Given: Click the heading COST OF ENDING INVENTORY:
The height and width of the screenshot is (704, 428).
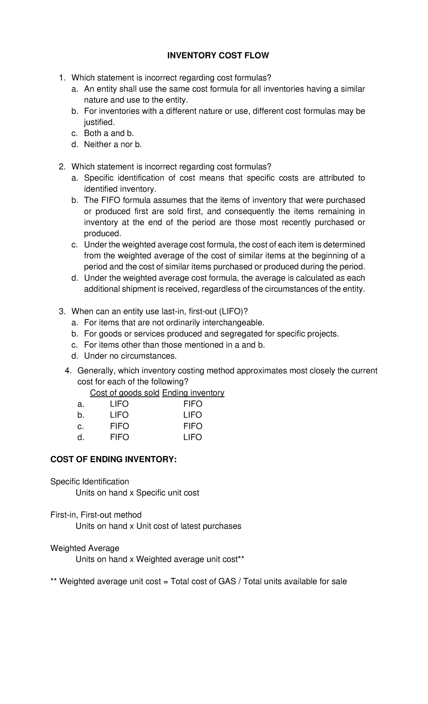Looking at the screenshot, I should click(113, 460).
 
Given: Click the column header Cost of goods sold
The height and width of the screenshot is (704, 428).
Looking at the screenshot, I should click(124, 393).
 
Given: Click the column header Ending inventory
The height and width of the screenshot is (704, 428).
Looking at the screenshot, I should click(193, 393).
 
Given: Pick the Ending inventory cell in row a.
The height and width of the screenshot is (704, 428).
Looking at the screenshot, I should click(193, 404).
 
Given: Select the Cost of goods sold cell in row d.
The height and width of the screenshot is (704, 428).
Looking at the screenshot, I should click(119, 437).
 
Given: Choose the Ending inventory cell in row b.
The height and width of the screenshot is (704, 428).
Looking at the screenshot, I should click(193, 415).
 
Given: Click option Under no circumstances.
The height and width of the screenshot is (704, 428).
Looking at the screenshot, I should click(130, 356).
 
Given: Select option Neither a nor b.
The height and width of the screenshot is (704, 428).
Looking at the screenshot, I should click(113, 144).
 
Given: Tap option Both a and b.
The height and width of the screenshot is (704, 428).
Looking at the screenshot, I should click(109, 133).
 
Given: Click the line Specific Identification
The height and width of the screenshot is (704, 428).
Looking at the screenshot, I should click(90, 482).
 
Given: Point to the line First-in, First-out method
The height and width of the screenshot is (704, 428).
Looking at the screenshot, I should click(96, 515).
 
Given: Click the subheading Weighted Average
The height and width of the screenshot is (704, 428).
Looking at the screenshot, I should click(85, 548).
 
